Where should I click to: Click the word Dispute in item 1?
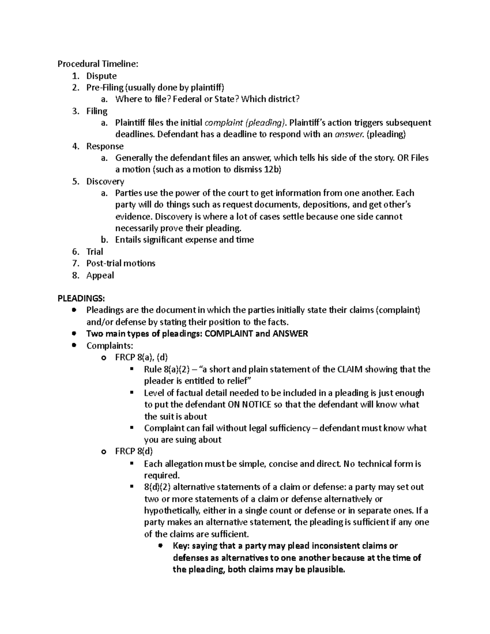pos(101,76)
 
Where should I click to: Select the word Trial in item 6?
pos(95,251)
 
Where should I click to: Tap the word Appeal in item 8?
pos(100,275)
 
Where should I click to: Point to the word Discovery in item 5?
pos(105,181)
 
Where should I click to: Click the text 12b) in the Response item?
pos(272,170)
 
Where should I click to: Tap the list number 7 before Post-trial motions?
pos(75,263)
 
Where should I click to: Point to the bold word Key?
pos(181,546)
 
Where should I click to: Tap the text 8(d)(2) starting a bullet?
pos(158,487)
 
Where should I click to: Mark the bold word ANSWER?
pos(290,334)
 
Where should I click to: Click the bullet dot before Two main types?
pos(74,334)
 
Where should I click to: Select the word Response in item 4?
pos(105,146)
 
